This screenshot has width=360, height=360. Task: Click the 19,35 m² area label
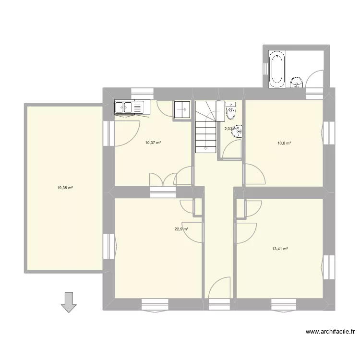65,188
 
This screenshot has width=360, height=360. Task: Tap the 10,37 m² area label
153,142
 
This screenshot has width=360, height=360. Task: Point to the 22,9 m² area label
181,229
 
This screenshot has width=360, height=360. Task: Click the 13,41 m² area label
280,249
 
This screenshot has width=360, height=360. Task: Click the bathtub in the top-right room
276,70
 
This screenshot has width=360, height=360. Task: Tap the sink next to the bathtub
297,83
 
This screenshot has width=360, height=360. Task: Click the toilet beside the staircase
231,111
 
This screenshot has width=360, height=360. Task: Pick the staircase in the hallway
205,127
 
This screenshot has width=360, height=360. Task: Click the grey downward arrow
69,302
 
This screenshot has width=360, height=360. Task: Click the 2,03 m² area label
230,128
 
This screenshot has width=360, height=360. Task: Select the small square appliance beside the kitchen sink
182,109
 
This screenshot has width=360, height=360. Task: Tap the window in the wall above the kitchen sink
142,92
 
